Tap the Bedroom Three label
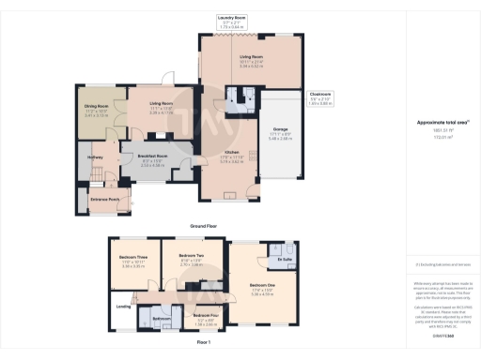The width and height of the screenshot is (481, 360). tap(133, 256)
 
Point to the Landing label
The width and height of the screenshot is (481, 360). tap(122, 306)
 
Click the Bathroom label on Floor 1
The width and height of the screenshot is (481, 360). tap(160, 319)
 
